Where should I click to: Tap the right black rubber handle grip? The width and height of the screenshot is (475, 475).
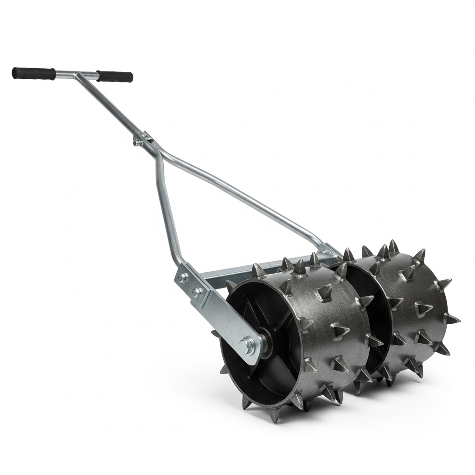(x=115, y=76)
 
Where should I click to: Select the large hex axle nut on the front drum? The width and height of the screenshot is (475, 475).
(x=245, y=345)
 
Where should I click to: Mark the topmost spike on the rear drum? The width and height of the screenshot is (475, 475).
(x=393, y=245)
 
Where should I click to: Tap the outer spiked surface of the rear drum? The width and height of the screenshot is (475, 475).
(x=417, y=302)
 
